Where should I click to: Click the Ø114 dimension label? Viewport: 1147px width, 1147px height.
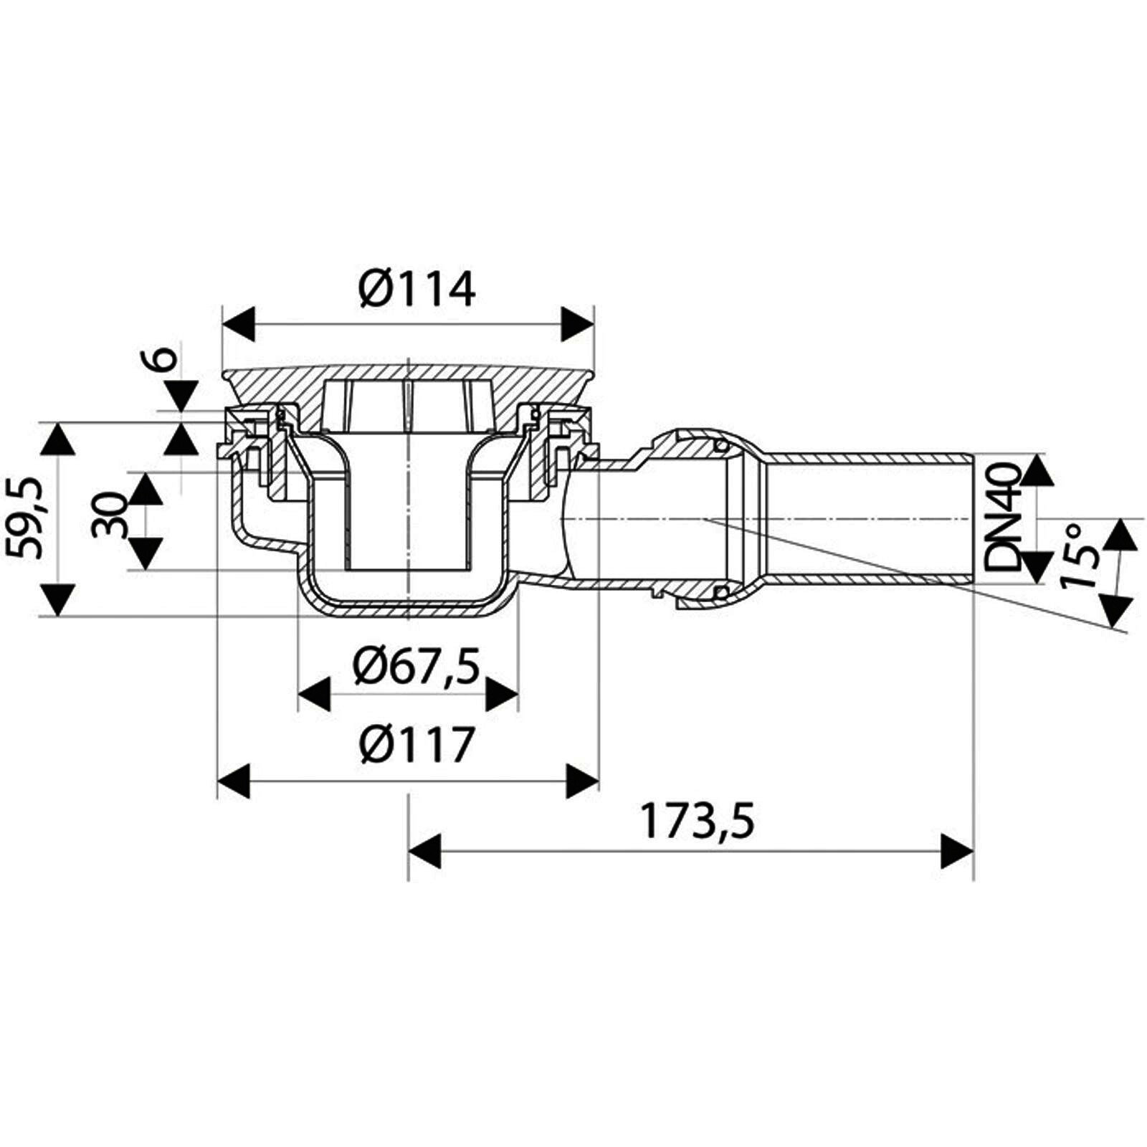pos(418,289)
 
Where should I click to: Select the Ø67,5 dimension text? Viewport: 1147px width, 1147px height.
pos(416,666)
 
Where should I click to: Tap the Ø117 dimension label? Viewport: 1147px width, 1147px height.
pos(418,745)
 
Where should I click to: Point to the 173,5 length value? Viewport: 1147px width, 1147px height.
pos(698,822)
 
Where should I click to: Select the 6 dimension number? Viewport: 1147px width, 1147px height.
pos(163,358)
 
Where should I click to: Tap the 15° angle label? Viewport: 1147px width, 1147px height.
pos(1081,556)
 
